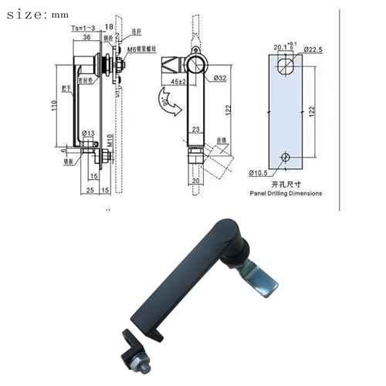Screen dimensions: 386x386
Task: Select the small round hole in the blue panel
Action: coord(286,158)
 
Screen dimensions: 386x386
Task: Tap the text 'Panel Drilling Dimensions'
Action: coord(285,194)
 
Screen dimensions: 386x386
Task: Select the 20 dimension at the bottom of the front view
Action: coord(196,180)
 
